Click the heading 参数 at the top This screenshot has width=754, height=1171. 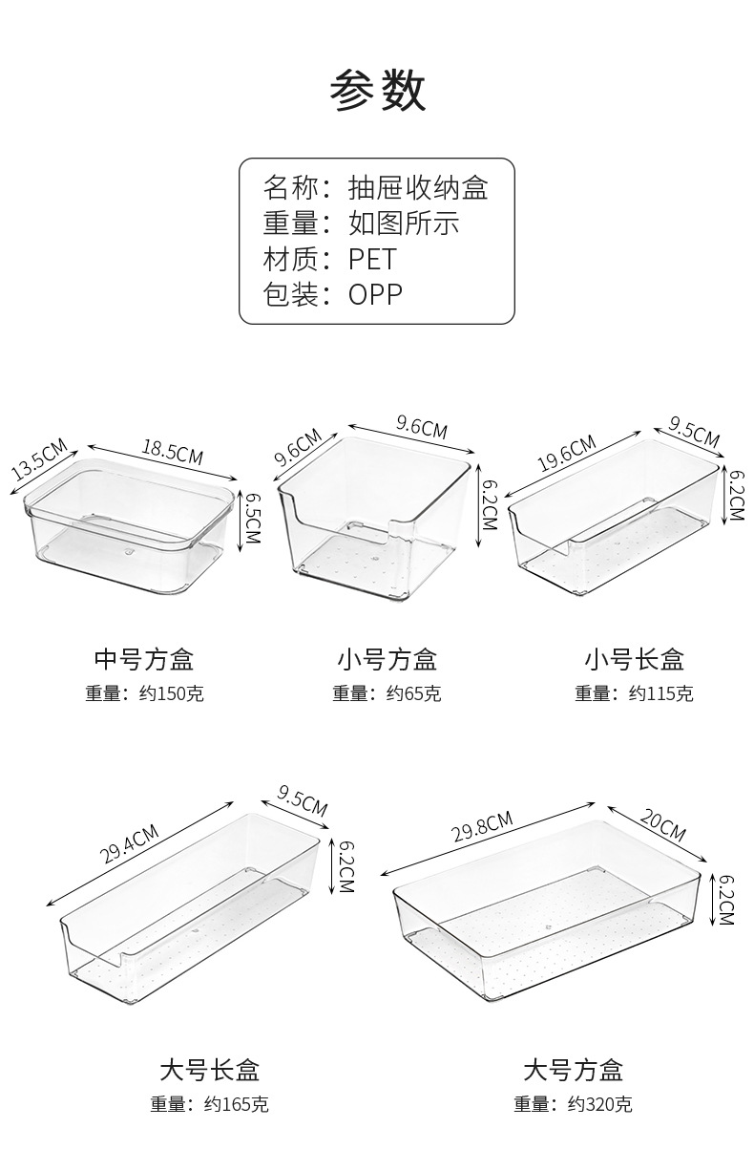click(x=377, y=92)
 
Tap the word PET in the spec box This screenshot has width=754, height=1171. click(x=371, y=259)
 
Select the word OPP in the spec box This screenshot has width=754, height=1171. click(x=375, y=294)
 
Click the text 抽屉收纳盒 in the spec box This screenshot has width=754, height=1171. click(x=418, y=187)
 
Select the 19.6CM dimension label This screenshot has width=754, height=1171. click(x=567, y=453)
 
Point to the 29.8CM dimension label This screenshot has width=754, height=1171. click(x=482, y=826)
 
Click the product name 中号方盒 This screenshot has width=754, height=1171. click(x=144, y=658)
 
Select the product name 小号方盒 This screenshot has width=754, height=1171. click(x=387, y=658)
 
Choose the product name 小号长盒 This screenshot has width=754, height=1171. click(x=634, y=658)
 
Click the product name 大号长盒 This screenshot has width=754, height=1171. click(x=209, y=1069)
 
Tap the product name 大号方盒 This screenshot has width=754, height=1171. click(x=573, y=1069)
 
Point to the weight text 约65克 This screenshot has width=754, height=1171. click(x=413, y=693)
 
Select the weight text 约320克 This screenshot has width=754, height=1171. click(x=599, y=1104)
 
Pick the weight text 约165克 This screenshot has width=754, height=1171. click(x=236, y=1104)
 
